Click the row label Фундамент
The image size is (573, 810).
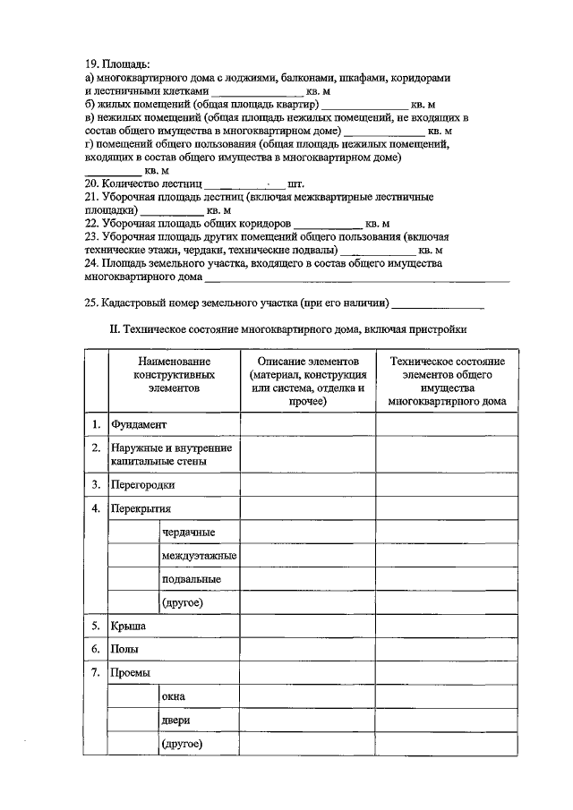pos(138,424)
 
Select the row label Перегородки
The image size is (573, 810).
pos(141,484)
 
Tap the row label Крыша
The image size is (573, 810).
pos(127,626)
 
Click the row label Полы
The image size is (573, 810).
pos(124,649)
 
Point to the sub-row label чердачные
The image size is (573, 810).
pos(188,533)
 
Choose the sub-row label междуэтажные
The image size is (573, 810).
pos(199,556)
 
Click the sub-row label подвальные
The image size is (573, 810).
pos(192,579)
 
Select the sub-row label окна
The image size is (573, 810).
pos(174,696)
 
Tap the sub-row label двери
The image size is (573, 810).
pos(175,720)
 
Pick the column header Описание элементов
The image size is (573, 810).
pos(307,380)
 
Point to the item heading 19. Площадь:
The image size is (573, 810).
pos(117,64)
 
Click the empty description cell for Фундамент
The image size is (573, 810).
pos(307,424)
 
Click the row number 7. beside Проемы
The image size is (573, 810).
pos(95,672)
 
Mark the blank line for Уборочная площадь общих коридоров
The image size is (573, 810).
pos(328,224)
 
